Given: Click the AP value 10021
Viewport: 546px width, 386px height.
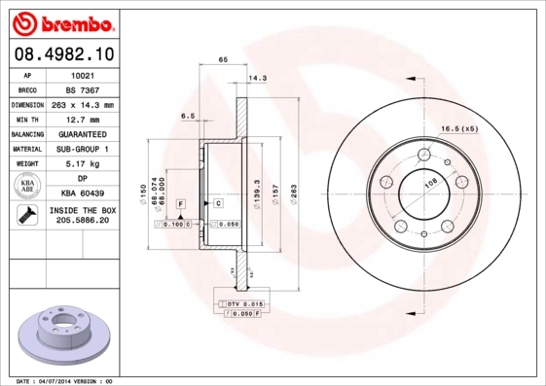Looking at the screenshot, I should pyautogui.click(x=83, y=74).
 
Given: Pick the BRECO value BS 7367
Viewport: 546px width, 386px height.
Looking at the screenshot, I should pyautogui.click(x=83, y=88).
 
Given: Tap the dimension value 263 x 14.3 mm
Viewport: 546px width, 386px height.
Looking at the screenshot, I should pyautogui.click(x=83, y=104).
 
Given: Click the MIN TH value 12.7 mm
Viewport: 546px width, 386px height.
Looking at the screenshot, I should pyautogui.click(x=83, y=119).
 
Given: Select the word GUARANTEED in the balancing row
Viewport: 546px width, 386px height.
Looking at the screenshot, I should pyautogui.click(x=83, y=134).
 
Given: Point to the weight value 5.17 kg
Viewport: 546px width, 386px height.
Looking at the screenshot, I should pyautogui.click(x=83, y=164).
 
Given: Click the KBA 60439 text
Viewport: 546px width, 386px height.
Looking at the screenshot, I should pyautogui.click(x=83, y=193).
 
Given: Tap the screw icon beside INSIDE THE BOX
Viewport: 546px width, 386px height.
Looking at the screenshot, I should pyautogui.click(x=25, y=215).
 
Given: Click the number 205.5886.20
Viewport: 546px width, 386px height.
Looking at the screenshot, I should pyautogui.click(x=83, y=222).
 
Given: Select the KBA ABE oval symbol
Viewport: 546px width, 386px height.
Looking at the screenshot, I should pyautogui.click(x=26, y=187).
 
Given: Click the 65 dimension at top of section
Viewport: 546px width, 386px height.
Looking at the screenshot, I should pyautogui.click(x=223, y=60).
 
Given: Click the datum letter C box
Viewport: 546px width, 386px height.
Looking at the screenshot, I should pyautogui.click(x=219, y=203).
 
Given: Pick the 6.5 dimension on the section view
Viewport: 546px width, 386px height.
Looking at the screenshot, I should pyautogui.click(x=188, y=115).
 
